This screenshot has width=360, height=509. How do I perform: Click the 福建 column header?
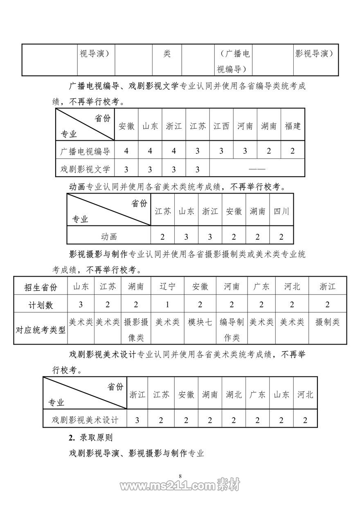coord(292,126)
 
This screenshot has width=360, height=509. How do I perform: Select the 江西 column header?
coord(221,126)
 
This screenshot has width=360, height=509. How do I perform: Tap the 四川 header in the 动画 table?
coord(281,212)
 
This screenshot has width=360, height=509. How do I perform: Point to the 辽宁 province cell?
coord(167,286)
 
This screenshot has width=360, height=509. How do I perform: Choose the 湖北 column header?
coord(234,394)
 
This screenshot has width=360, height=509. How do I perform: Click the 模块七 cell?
coord(200,322)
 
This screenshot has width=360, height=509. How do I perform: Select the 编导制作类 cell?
coord(232,330)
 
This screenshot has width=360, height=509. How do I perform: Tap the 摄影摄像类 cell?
coord(136,330)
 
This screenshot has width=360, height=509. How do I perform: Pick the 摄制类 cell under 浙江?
coord(327,322)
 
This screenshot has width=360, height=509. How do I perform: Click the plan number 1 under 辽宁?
coord(167,305)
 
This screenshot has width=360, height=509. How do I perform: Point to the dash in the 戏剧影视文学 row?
coord(257,169)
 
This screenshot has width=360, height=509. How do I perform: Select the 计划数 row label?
coord(41,305)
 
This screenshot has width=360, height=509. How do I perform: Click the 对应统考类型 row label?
coord(41,330)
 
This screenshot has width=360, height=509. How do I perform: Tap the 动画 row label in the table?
coord(109,236)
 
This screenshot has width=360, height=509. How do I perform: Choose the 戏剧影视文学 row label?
coord(85,169)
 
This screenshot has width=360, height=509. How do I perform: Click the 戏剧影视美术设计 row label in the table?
coord(85,420)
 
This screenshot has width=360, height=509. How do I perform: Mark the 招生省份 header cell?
coord(41,287)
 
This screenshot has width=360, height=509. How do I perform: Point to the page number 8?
coord(180,476)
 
